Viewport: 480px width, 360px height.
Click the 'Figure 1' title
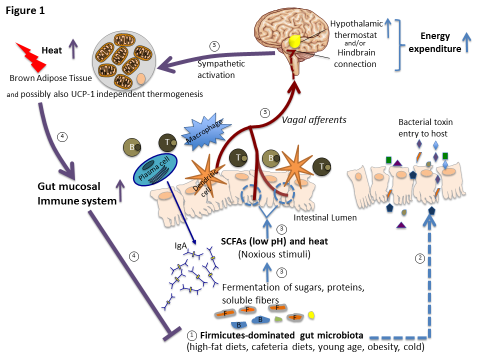tap(25, 10)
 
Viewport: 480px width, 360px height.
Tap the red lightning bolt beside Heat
tap(31, 55)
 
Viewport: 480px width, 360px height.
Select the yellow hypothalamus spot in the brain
tap(294, 40)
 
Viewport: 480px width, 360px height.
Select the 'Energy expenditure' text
tap(433, 42)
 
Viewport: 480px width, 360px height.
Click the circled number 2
tap(421, 258)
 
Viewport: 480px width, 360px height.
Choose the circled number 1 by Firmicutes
tap(191, 334)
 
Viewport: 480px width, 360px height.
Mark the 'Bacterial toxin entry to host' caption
tap(425, 127)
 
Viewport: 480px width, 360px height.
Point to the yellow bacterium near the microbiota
tap(311, 315)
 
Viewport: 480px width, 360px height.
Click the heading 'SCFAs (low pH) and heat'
tap(274, 241)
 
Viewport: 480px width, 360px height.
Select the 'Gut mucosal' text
tap(69, 187)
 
